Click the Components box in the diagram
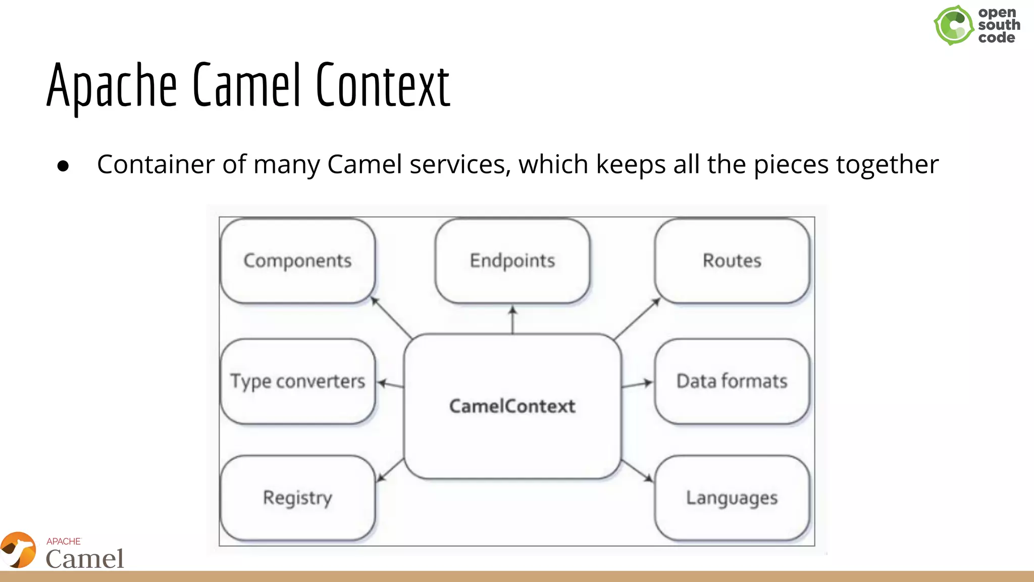297,261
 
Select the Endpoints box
512,261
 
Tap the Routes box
732,261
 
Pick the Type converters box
297,381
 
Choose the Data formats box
732,381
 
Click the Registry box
297,498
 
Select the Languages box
732,498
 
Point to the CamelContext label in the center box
512,406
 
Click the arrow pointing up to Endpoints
512,319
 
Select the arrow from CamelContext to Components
392,318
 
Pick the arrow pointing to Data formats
637,384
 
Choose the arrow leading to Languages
637,470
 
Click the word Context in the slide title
383,86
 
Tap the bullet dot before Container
63,166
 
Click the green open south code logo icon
953,25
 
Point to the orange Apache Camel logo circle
19,550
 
